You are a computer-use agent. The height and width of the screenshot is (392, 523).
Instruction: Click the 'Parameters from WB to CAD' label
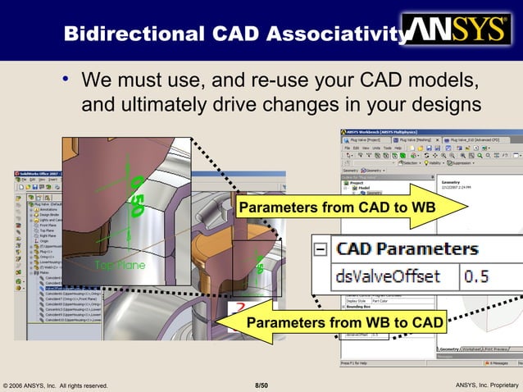(345, 323)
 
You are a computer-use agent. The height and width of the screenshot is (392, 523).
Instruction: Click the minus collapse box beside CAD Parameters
(321, 248)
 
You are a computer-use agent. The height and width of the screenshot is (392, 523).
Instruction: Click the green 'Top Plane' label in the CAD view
(121, 265)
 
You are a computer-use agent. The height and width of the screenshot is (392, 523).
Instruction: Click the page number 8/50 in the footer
(261, 385)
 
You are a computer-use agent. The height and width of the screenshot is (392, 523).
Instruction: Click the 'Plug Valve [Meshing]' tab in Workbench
(418, 140)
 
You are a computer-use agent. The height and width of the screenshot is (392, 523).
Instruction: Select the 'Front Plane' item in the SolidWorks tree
(48, 225)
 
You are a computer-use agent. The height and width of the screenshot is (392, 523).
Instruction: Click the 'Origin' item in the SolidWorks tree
(44, 239)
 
